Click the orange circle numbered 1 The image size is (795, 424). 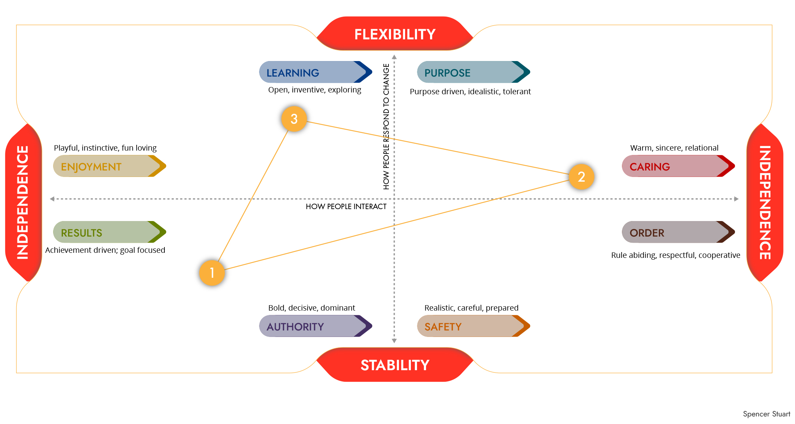tap(212, 273)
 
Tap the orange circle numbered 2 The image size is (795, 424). tap(581, 177)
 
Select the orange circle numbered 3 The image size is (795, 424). tap(294, 119)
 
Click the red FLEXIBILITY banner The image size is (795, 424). tap(395, 34)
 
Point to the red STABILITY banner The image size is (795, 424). tap(395, 365)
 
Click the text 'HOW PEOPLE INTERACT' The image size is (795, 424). tap(346, 207)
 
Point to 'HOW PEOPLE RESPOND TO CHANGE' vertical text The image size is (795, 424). tap(386, 126)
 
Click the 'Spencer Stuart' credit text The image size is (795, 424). tap(766, 414)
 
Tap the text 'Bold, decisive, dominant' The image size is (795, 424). tap(311, 308)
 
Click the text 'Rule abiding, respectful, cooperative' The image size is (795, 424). tap(675, 255)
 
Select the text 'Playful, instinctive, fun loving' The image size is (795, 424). tap(105, 148)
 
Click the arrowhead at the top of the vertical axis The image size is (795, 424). tap(394, 57)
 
